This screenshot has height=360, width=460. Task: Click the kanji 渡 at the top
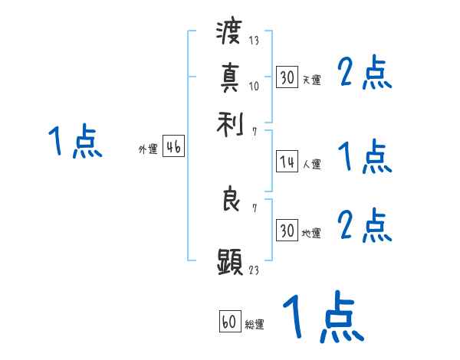[229, 34]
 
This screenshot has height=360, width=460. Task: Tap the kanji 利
[229, 124]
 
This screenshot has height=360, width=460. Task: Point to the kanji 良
[229, 200]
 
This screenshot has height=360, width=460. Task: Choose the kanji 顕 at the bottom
[229, 261]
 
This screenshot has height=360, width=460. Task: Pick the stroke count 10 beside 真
[255, 86]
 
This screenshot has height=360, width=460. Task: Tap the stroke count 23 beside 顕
[255, 270]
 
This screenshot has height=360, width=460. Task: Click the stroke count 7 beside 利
[255, 132]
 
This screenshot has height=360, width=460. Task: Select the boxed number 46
[173, 148]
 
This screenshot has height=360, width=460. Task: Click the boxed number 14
[287, 162]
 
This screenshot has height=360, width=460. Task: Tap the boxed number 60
[229, 322]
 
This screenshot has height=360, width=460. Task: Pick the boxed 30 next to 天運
[287, 77]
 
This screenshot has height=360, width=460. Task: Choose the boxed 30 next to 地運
[287, 231]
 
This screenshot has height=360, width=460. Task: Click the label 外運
[148, 150]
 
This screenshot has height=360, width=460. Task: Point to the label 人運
[311, 164]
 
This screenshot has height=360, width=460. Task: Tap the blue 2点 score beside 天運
[365, 74]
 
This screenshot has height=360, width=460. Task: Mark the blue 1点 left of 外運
[75, 142]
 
